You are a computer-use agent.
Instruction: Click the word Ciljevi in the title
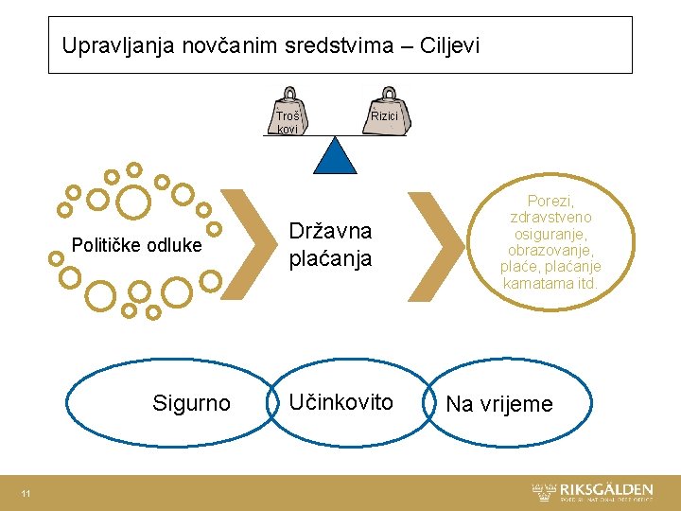coord(446,44)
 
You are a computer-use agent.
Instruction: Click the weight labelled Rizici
coord(385,115)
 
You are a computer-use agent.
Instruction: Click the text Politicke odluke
coord(137,246)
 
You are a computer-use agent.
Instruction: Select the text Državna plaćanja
coord(329,245)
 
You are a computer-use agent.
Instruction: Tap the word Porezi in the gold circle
coord(551,201)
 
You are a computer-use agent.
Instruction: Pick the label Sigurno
coord(191,404)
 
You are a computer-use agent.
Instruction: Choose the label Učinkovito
coord(340,402)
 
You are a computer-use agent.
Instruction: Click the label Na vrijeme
coord(498,405)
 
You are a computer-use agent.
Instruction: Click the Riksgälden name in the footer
coord(606,489)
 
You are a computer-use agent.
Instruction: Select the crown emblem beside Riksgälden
coord(544,491)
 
